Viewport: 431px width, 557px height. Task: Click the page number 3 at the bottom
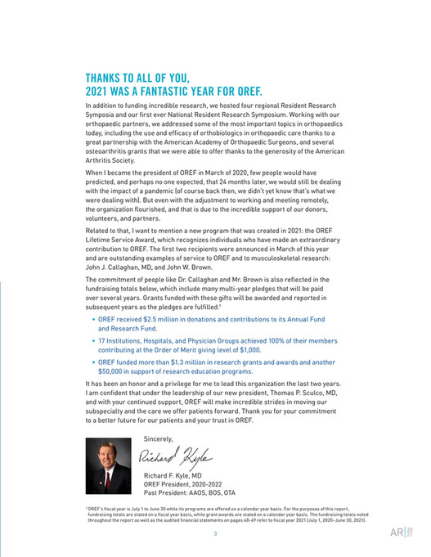coord(215,534)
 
